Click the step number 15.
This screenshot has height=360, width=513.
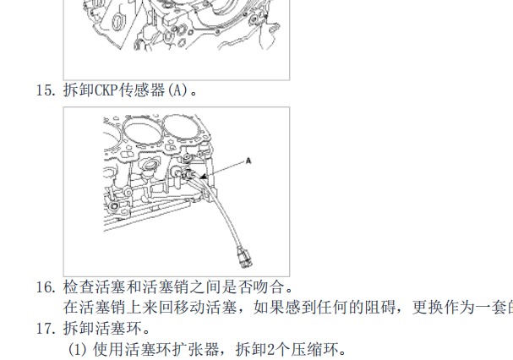pos(45,90)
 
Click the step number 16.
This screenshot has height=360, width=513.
pos(45,288)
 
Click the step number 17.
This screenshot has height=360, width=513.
pos(45,328)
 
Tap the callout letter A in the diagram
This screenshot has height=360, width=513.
pos(249,159)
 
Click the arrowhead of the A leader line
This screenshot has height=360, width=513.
pos(203,176)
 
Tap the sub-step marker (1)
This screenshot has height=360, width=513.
pos(79,348)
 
